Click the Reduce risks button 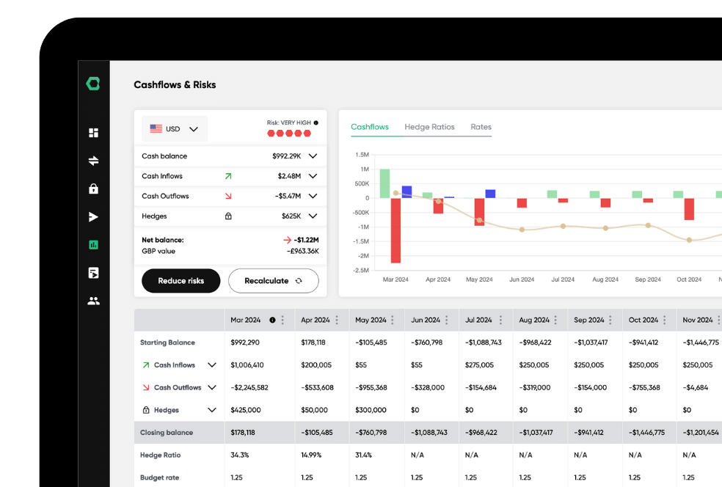tap(180, 281)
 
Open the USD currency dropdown tap(175, 129)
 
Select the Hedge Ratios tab tap(429, 127)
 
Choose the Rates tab tap(481, 127)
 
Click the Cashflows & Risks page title tap(175, 85)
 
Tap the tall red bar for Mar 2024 tap(395, 230)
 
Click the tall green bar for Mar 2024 tap(384, 183)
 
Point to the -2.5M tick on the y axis tap(361, 271)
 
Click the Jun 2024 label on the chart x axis tap(522, 279)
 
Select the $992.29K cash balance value tap(286, 156)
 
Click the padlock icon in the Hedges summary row tap(228, 216)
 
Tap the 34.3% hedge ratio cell tap(240, 455)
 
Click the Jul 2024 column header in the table tap(478, 320)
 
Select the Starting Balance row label tap(167, 343)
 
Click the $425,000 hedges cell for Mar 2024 tap(245, 410)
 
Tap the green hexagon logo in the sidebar tap(93, 84)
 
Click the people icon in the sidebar tap(93, 301)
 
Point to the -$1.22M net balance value tap(307, 240)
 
